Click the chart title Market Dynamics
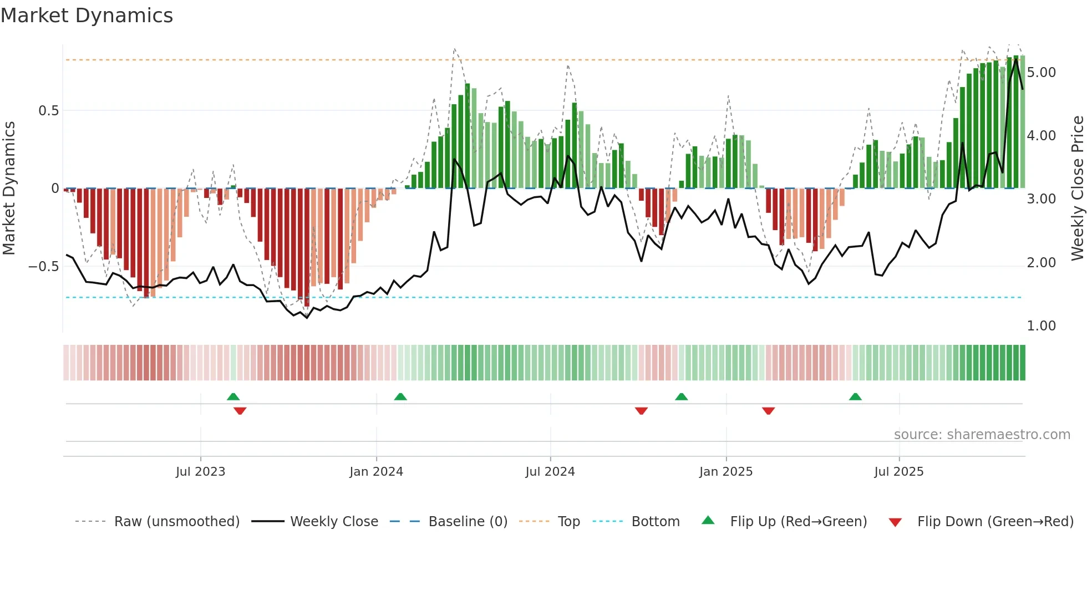tap(87, 16)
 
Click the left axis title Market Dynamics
tap(9, 188)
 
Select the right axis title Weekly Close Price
tap(1077, 188)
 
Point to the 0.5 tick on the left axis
tap(48, 111)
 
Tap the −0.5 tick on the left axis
tap(44, 267)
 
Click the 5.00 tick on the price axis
tap(1041, 73)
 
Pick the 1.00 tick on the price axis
tap(1041, 326)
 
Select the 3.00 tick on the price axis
tap(1041, 199)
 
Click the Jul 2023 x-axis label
tap(200, 472)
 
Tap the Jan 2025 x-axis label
tap(725, 472)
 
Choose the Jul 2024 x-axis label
tap(550, 472)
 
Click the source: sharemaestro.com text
tap(982, 435)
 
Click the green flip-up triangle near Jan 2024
tap(400, 396)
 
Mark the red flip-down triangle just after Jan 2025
tap(768, 411)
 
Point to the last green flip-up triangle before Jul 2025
tap(855, 396)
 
